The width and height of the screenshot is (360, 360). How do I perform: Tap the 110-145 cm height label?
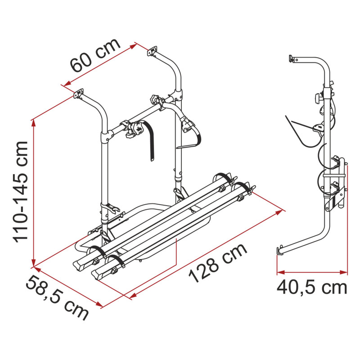click(x=21, y=192)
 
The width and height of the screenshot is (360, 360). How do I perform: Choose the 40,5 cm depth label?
click(x=312, y=288)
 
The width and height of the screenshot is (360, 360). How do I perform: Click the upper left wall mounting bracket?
click(x=78, y=94)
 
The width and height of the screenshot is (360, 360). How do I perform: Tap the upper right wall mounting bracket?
click(x=152, y=51)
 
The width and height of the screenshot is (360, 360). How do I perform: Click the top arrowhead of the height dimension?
click(x=33, y=123)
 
